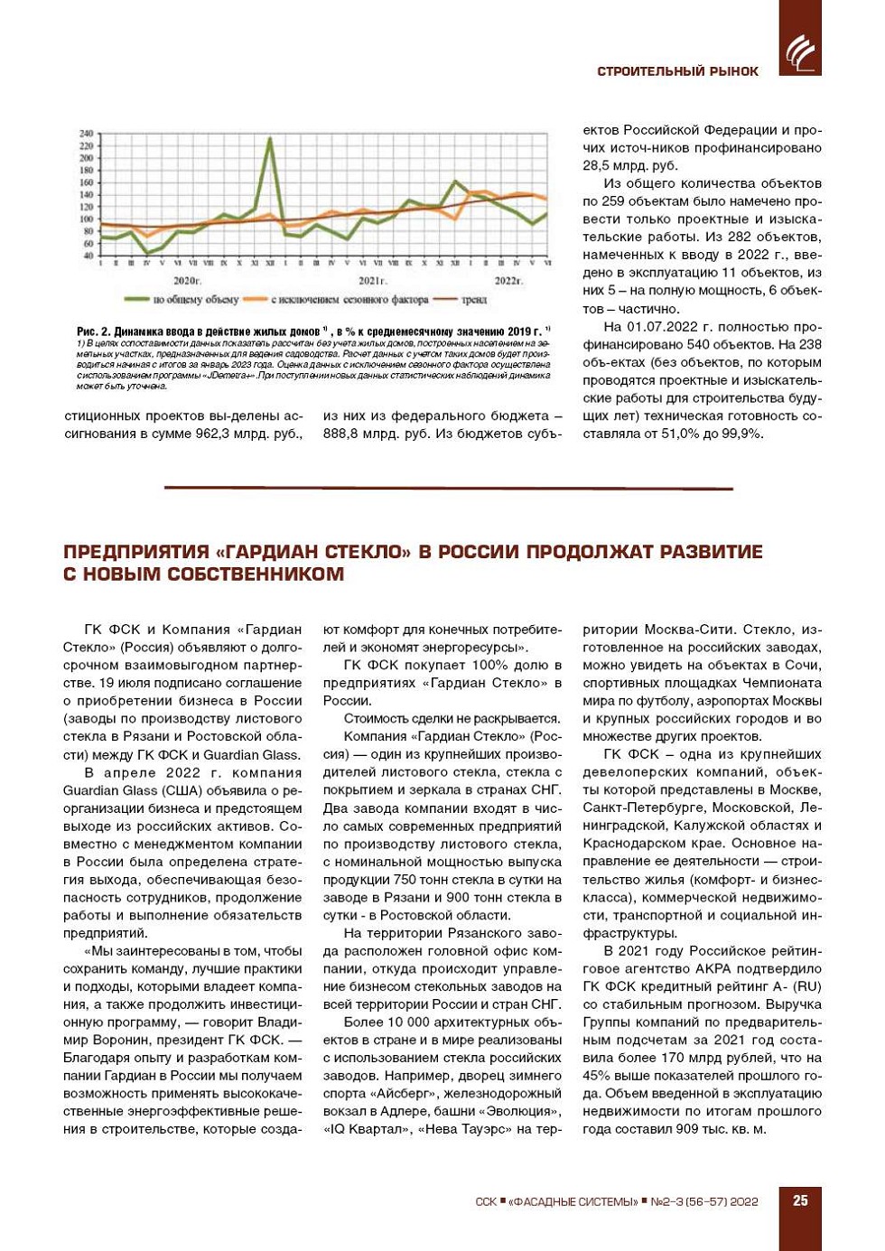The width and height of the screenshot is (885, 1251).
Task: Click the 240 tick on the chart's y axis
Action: [x=87, y=134]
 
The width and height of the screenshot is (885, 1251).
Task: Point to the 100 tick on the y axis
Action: [x=87, y=219]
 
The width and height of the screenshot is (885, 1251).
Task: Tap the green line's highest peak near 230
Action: [x=269, y=139]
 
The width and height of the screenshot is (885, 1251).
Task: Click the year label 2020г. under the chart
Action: [x=187, y=281]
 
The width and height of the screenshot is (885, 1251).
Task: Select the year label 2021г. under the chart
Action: [x=372, y=281]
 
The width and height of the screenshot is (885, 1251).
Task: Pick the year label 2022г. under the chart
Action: [x=508, y=281]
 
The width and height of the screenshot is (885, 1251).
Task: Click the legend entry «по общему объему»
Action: [x=195, y=300]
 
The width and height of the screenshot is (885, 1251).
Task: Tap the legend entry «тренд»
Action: [x=474, y=300]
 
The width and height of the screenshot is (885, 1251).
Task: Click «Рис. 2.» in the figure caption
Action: [x=94, y=331]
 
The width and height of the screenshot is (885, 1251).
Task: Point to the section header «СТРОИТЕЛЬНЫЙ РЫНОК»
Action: [x=677, y=71]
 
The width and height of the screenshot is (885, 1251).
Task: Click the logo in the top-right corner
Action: [x=800, y=51]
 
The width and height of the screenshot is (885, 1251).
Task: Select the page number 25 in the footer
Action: [x=800, y=1200]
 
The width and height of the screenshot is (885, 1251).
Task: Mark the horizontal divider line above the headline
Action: [x=448, y=488]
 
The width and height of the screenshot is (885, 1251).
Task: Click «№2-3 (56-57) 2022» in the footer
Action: [x=703, y=1201]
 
